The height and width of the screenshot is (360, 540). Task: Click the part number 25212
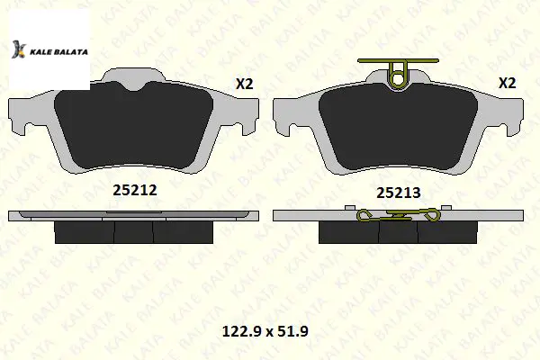(x=135, y=190)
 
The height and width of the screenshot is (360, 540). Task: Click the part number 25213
(x=398, y=193)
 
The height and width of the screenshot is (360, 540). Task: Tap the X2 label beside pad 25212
(x=244, y=84)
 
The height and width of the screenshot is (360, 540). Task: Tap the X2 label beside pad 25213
(x=508, y=83)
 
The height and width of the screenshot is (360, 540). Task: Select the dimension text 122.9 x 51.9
(x=265, y=331)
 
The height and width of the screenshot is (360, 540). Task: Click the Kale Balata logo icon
(x=19, y=49)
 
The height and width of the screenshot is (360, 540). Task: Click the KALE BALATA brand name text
(x=58, y=52)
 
